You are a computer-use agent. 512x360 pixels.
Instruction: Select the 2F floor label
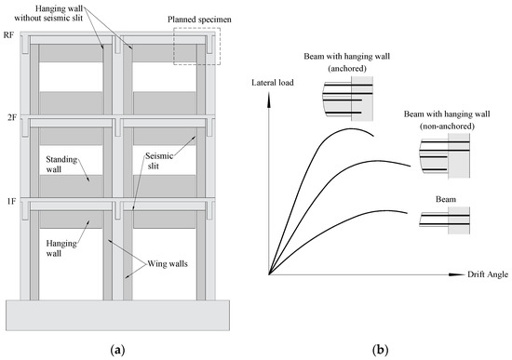9,118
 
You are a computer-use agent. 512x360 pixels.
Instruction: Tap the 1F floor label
9,199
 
